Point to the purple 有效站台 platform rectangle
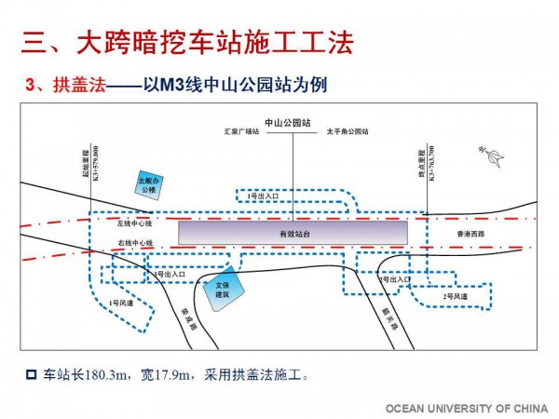point(293,233)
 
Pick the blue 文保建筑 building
point(223,290)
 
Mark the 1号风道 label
point(118,304)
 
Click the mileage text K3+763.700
point(433,167)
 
